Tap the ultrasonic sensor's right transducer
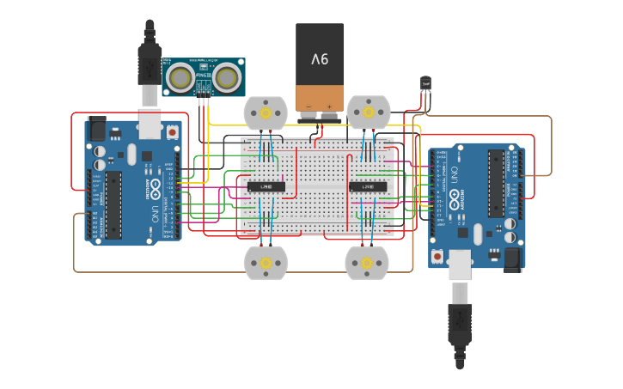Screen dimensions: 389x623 [227, 78]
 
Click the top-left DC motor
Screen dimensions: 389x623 [266, 112]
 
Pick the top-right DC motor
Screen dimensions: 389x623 [369, 112]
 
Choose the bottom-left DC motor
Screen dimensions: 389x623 [266, 262]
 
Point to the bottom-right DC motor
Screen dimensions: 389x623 [367, 262]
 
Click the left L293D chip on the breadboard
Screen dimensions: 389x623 [266, 186]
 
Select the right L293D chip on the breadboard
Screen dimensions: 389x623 [368, 186]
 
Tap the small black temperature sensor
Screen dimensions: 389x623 [426, 83]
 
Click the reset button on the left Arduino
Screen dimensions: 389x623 [173, 132]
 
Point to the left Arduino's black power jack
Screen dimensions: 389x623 [95, 130]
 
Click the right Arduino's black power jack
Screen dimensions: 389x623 [514, 257]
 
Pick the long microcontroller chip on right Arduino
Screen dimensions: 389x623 [497, 182]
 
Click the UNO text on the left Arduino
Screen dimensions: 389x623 [156, 210]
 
